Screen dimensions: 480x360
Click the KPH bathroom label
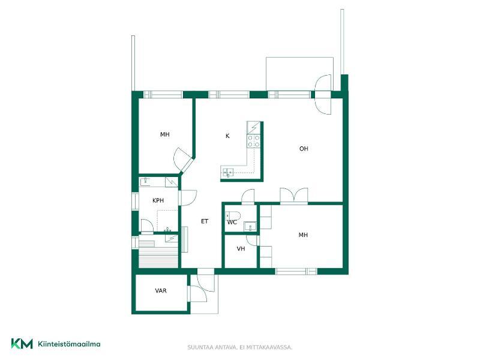(158, 200)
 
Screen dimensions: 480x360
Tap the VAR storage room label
(161, 290)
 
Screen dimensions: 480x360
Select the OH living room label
(304, 149)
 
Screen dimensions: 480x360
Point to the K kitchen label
(227, 136)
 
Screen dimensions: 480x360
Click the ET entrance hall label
(205, 221)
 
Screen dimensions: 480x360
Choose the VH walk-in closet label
(241, 249)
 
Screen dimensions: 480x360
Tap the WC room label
(232, 223)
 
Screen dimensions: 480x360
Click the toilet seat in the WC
(233, 215)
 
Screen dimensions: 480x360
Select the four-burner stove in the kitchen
(254, 141)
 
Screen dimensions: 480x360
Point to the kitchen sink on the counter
(227, 173)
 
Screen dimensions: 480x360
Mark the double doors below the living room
(294, 195)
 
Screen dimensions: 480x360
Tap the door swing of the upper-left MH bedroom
(181, 158)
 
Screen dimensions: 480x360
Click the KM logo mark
(22, 343)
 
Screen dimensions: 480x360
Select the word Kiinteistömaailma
(69, 344)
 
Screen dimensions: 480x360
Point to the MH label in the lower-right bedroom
(303, 235)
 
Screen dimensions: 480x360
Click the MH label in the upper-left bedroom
(164, 134)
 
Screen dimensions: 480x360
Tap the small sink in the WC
(250, 227)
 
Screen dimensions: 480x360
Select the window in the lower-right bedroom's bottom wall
(296, 271)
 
